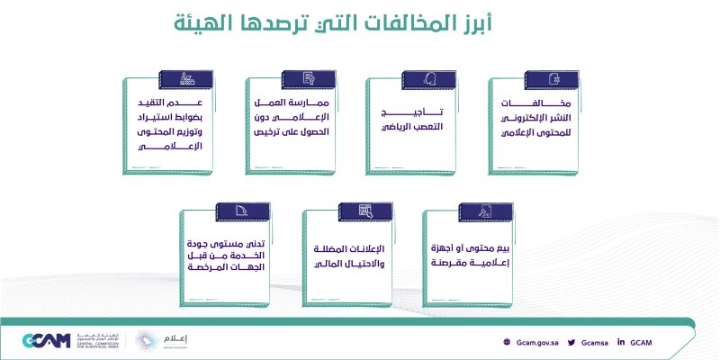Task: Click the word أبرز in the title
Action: [x=473, y=23]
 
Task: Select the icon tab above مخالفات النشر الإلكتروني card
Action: [x=552, y=80]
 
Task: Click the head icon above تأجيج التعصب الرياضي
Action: [x=429, y=80]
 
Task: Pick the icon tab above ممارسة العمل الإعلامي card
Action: [x=309, y=79]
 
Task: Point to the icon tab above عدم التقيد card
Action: [x=186, y=79]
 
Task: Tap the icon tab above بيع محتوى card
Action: [x=486, y=212]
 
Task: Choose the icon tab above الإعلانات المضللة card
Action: [x=365, y=211]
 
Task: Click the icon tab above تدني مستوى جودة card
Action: [x=243, y=211]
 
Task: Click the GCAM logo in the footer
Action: [x=47, y=341]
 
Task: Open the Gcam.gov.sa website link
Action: [x=537, y=343]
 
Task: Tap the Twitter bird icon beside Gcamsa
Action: [x=571, y=342]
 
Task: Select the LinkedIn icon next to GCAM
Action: [x=621, y=342]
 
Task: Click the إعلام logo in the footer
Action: [x=162, y=341]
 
